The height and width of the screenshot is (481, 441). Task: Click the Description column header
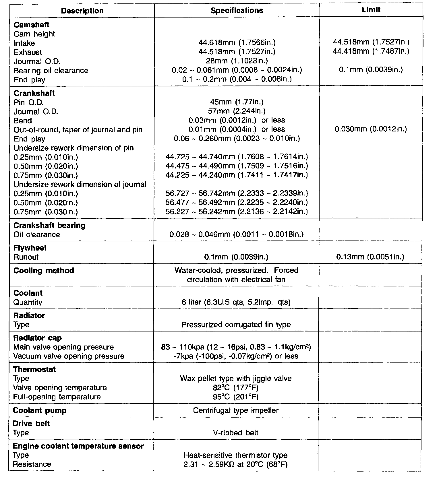click(82, 11)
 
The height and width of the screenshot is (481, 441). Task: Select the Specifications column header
click(237, 11)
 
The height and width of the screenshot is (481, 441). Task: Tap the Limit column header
click(371, 10)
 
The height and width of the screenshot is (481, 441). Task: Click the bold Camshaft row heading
click(32, 25)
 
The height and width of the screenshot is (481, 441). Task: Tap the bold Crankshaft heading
click(34, 93)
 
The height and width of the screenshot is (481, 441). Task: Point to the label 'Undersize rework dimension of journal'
click(80, 184)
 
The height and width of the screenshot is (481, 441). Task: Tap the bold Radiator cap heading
click(38, 338)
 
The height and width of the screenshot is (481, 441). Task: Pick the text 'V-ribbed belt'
click(236, 433)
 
